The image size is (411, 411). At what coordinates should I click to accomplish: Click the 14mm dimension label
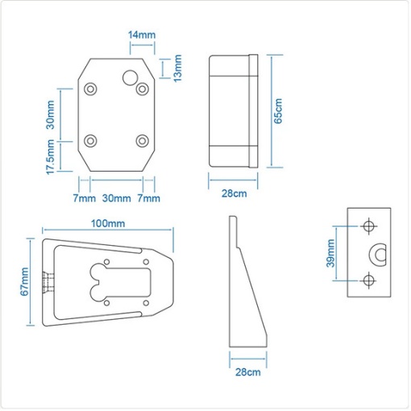tap(142, 35)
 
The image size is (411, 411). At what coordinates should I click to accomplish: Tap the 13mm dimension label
tap(177, 68)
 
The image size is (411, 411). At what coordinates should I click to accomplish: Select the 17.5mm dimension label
tap(50, 157)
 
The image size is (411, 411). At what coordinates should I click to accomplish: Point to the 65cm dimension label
tap(278, 111)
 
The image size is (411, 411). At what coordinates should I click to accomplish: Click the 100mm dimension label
tap(108, 223)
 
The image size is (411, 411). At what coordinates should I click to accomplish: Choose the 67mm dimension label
tap(24, 281)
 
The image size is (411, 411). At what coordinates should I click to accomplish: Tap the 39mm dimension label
tap(330, 253)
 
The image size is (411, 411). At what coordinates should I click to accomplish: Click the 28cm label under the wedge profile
tap(248, 372)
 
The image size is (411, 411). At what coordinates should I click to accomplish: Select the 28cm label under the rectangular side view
tap(234, 193)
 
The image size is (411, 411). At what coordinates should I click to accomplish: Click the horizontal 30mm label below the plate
tap(117, 198)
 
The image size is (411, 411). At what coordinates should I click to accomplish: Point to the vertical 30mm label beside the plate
tap(50, 114)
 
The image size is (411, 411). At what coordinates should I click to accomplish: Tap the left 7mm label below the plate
tap(85, 198)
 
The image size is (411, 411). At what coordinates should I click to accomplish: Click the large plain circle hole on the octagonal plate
tap(131, 77)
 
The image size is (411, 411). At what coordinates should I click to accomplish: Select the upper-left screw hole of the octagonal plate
tap(90, 89)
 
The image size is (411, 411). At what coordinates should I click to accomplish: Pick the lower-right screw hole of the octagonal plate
tap(143, 141)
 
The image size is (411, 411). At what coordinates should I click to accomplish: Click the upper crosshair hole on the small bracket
tap(369, 226)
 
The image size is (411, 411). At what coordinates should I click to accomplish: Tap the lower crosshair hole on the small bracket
tap(369, 280)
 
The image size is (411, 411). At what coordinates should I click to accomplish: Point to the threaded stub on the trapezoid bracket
tap(48, 282)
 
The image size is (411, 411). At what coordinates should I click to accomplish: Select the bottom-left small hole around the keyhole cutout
tap(106, 303)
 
